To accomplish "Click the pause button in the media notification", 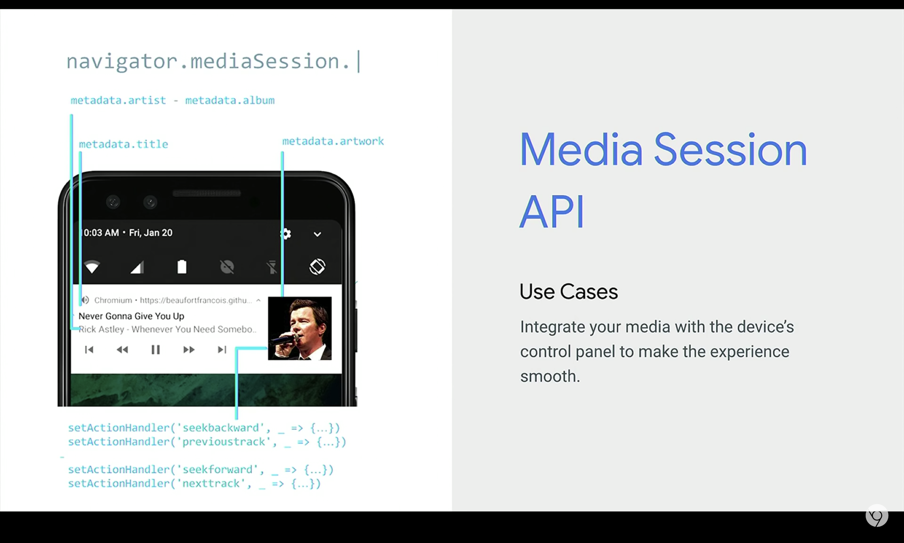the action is (x=155, y=350).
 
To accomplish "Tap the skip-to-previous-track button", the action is (x=89, y=350).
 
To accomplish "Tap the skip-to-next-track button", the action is (x=222, y=350).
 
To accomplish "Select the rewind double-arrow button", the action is (x=122, y=350).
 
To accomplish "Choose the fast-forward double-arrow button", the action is (x=189, y=350).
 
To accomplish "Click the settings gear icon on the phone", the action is (x=286, y=234).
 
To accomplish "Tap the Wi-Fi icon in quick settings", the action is (x=92, y=267).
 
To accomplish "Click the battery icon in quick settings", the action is (x=182, y=267).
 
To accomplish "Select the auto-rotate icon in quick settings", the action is (x=317, y=267).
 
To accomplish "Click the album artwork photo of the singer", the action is (x=300, y=328).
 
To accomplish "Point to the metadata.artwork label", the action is (x=333, y=141).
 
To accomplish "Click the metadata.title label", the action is (x=124, y=144).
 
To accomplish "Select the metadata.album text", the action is (x=230, y=100).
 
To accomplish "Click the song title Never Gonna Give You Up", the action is (x=131, y=316).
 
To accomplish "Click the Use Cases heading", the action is (x=568, y=292).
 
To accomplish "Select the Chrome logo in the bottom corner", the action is (x=877, y=516).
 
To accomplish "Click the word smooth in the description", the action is (x=550, y=376).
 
